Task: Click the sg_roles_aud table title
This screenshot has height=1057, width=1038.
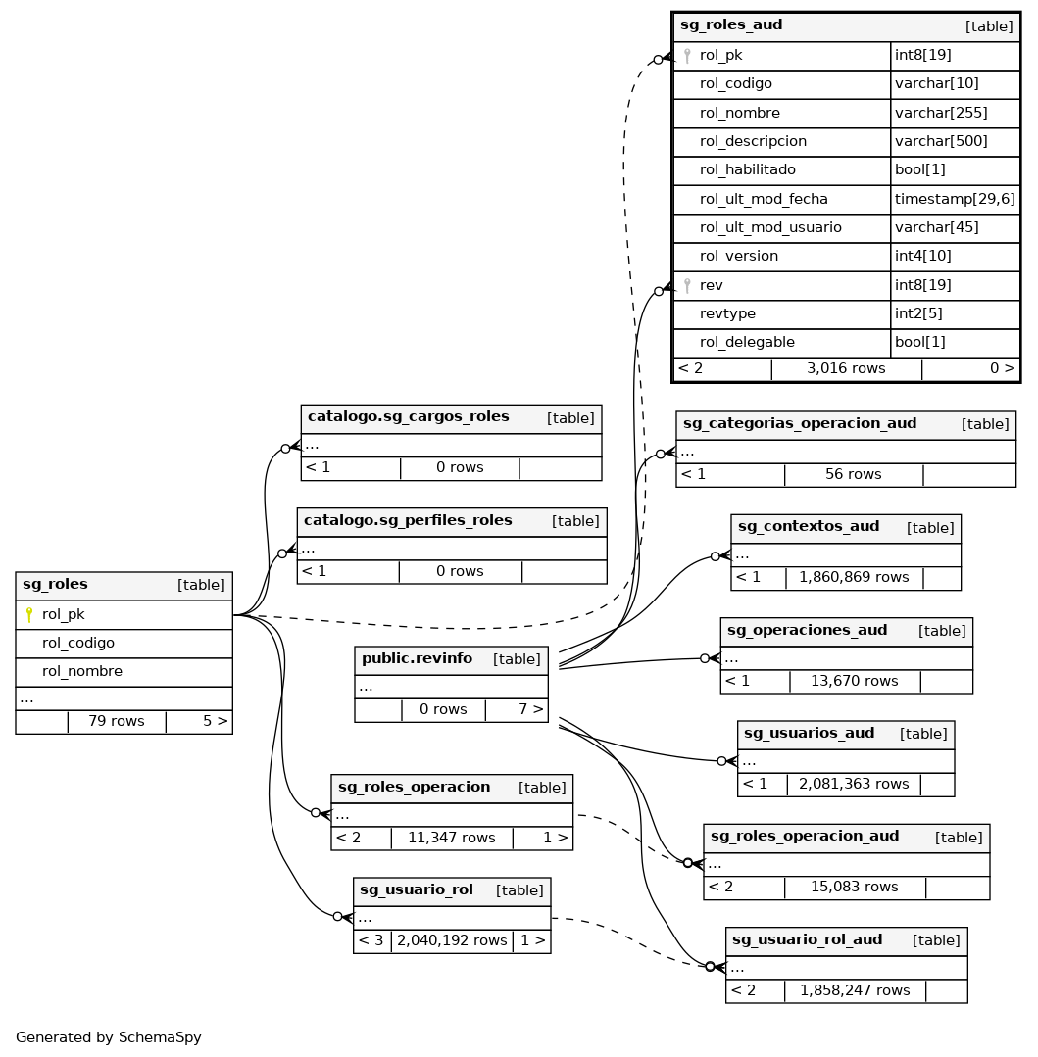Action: click(717, 25)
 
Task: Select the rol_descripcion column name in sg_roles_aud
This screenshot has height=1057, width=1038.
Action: click(753, 141)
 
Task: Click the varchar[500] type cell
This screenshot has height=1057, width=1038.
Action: click(941, 141)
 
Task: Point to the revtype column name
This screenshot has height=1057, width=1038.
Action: click(727, 313)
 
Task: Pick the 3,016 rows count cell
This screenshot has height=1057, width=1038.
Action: click(846, 369)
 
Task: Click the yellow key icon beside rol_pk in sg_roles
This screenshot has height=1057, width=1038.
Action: click(29, 615)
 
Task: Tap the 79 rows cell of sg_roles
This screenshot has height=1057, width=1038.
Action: click(116, 722)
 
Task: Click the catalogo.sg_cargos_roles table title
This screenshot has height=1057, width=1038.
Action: click(408, 417)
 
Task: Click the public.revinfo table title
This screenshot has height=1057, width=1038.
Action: click(417, 659)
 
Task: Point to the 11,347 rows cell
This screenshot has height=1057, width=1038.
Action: click(452, 839)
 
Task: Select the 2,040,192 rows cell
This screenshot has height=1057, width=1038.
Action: click(452, 941)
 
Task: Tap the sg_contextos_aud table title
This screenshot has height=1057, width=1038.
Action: click(809, 527)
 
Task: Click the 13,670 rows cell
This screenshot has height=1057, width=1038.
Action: click(854, 681)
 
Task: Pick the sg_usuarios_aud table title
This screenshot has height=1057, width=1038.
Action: click(809, 734)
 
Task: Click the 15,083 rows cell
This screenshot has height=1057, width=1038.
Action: click(854, 888)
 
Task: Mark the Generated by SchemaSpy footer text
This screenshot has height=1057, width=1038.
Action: click(109, 1038)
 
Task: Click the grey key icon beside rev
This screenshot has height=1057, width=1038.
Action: click(687, 286)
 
